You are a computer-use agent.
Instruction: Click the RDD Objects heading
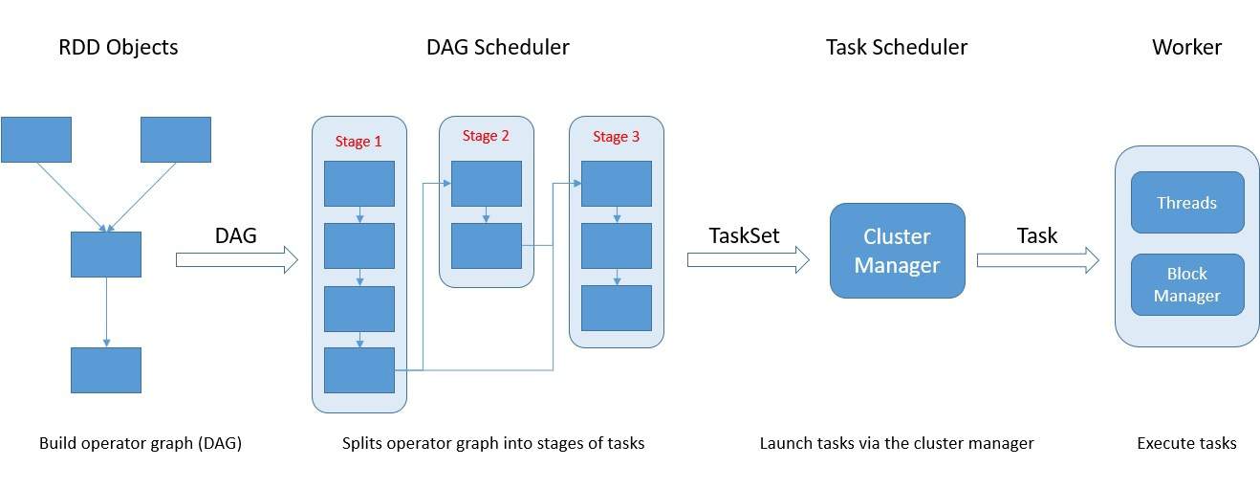coord(119,47)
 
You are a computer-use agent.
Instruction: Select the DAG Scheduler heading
coord(498,47)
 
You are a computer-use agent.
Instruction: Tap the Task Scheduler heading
coord(897,47)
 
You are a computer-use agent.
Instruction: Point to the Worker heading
coord(1187,47)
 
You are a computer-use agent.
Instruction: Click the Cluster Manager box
coord(897,251)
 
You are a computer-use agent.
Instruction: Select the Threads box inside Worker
coord(1187,202)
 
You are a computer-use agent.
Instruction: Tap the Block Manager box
coord(1187,284)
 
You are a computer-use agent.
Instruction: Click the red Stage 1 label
coord(358,142)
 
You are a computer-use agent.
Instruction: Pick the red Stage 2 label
coord(486,136)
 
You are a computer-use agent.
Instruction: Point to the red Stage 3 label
coord(616,137)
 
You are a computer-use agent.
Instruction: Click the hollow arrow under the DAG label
coord(237,259)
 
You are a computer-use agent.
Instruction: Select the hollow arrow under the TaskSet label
coord(749,259)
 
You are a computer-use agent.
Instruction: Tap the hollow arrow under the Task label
coord(1038,260)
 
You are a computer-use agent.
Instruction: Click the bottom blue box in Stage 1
coord(359,370)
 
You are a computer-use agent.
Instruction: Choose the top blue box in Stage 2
coord(487,184)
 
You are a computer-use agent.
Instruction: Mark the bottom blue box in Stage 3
coord(617,308)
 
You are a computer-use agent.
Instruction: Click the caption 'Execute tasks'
coord(1187,443)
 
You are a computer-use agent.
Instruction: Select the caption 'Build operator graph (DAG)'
coord(141,443)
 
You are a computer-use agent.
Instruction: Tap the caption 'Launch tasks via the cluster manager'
coord(897,443)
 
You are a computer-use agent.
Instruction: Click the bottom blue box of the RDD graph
coord(106,370)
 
